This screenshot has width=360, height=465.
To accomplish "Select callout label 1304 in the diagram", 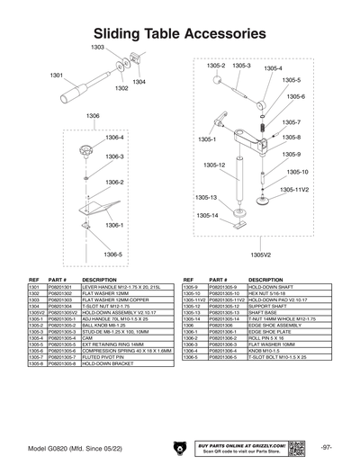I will (139, 83).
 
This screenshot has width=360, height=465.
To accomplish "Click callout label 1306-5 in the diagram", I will (112, 255).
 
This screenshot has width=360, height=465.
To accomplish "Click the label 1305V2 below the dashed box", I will (261, 255).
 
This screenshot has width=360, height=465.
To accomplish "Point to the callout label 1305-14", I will (208, 216).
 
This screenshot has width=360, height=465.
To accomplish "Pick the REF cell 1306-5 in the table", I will (192, 355).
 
